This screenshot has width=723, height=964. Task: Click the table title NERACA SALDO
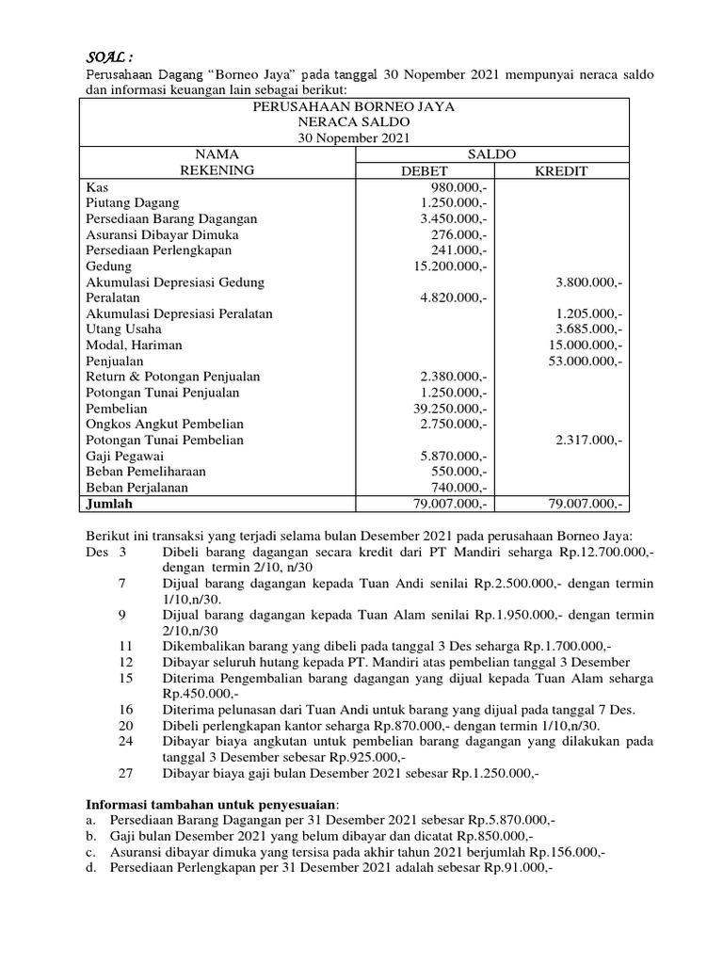pyautogui.click(x=354, y=123)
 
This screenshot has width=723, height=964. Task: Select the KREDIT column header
pyautogui.click(x=562, y=170)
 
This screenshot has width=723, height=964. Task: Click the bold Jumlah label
pyautogui.click(x=108, y=504)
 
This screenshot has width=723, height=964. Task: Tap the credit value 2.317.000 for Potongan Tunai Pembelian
pyautogui.click(x=589, y=440)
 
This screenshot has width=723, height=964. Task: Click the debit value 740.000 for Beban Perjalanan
pyautogui.click(x=457, y=487)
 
